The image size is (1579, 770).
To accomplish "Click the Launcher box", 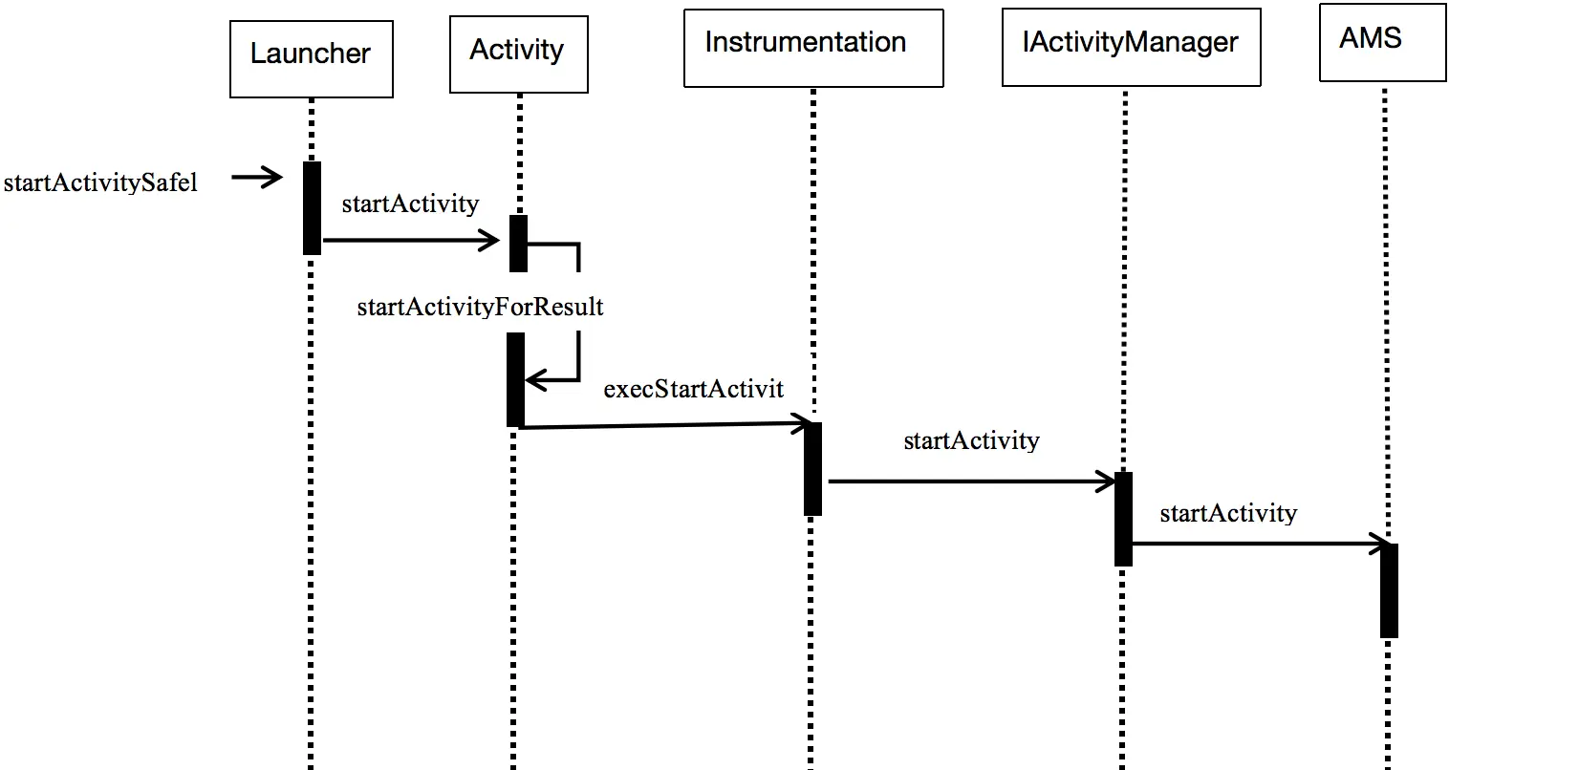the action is [x=311, y=59].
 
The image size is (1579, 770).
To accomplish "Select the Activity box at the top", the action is [x=519, y=54].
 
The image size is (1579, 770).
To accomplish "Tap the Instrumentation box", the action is [x=813, y=48].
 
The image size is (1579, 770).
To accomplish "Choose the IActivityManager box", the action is [x=1132, y=47].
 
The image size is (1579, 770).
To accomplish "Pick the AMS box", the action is [x=1382, y=42].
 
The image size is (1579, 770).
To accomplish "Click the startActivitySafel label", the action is [x=100, y=182].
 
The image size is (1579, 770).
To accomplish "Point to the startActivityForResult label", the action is [x=480, y=308].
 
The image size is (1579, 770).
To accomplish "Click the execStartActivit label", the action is [x=694, y=389].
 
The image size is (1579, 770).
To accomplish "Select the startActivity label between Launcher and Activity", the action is [x=410, y=204].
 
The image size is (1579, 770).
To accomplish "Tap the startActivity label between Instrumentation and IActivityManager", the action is [x=971, y=441].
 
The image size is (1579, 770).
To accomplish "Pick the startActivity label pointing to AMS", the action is [x=1228, y=514].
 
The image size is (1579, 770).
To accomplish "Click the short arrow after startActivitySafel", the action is [x=257, y=177].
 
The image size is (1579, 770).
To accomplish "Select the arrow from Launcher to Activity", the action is [x=411, y=240].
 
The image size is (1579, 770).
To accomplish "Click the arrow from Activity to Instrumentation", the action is [x=666, y=425].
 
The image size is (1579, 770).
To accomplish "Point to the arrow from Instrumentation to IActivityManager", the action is [x=972, y=481].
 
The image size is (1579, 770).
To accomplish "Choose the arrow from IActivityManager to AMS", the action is [x=1261, y=544].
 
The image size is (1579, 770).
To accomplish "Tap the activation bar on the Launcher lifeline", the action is [x=312, y=208].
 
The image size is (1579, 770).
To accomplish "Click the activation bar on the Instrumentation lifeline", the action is [x=812, y=469].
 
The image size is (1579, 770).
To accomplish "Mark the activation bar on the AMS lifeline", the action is [x=1389, y=590].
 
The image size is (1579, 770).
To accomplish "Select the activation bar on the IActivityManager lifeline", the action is [x=1123, y=519].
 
